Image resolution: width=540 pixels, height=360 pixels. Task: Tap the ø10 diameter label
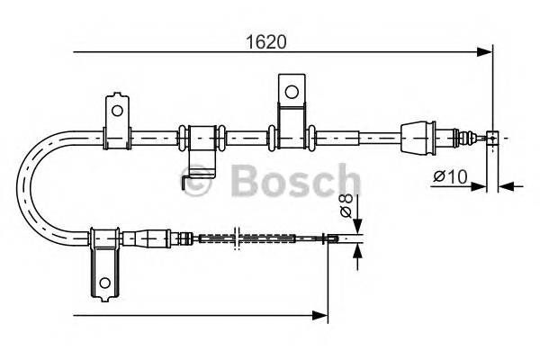pos(449,177)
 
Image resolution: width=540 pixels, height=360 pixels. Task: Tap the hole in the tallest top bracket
pos(291,91)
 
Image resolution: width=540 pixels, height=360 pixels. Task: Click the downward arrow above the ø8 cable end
pos(357,226)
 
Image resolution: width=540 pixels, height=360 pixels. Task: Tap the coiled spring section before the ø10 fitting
pos(467,137)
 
